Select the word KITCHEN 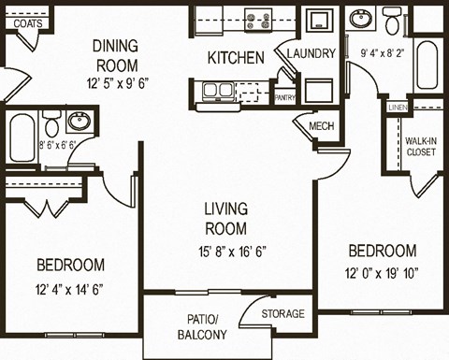pyautogui.click(x=235, y=58)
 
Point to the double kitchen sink pyautogui.click(x=218, y=92)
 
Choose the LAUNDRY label pyautogui.click(x=311, y=53)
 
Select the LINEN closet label pyautogui.click(x=397, y=108)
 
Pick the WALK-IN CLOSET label pyautogui.click(x=420, y=147)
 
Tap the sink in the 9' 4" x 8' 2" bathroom pyautogui.click(x=360, y=19)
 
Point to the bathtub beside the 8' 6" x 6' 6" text pyautogui.click(x=22, y=141)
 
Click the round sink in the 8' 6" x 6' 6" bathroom pyautogui.click(x=80, y=122)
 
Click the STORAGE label pyautogui.click(x=282, y=313)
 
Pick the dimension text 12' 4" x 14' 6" pyautogui.click(x=72, y=288)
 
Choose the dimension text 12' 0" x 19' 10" pyautogui.click(x=382, y=273)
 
